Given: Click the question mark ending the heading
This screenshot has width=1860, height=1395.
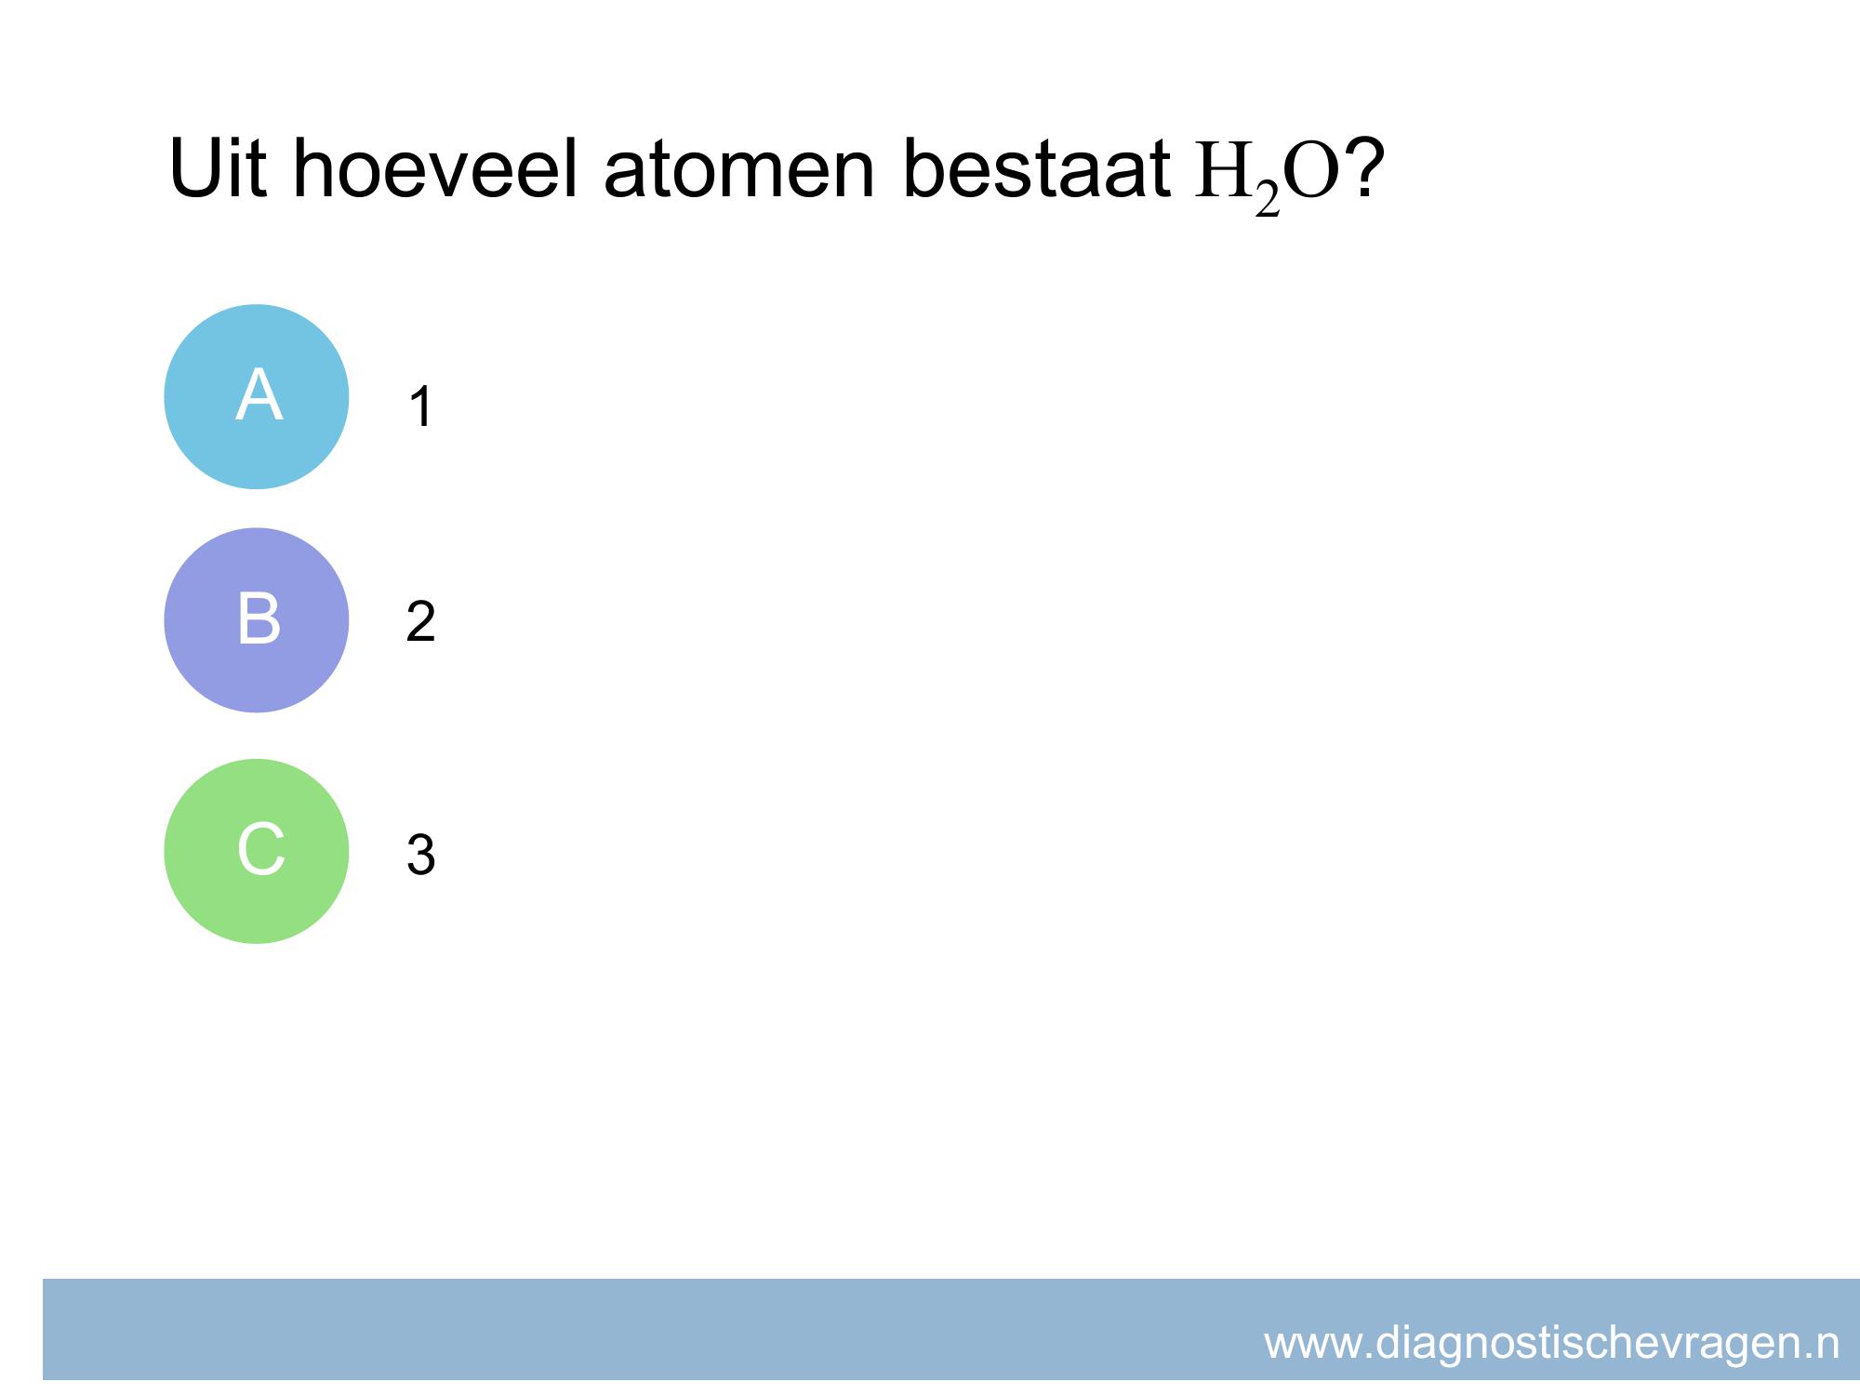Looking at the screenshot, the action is [1363, 167].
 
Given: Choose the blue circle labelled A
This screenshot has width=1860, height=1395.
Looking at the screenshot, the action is [257, 397].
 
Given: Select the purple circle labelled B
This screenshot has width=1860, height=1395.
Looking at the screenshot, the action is [257, 620].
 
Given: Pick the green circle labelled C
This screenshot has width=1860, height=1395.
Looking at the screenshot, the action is [257, 852].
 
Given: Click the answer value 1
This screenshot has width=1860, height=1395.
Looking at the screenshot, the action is [421, 407].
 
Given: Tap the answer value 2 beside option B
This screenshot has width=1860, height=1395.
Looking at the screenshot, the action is [420, 621].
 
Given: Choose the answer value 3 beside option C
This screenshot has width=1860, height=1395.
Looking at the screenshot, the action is [420, 855].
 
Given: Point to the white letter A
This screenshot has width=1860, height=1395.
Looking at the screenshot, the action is [259, 395].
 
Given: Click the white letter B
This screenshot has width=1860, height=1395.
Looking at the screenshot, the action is [259, 618].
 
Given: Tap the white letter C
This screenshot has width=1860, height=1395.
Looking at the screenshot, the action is [260, 849].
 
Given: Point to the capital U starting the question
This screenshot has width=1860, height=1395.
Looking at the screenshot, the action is [193, 169].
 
